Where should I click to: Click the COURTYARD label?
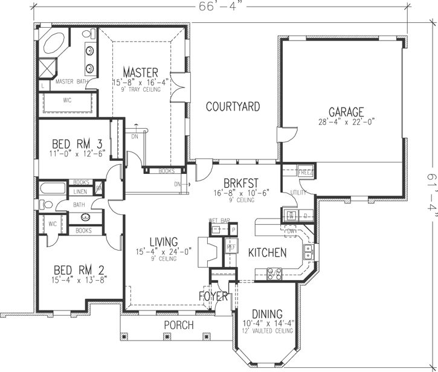[x=233, y=107]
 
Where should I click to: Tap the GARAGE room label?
[x=346, y=112]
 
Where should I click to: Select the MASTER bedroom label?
[x=140, y=72]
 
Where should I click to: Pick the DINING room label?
[x=266, y=313]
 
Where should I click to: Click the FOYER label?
[x=213, y=297]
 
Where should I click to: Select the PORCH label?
[x=178, y=325]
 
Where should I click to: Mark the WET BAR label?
[x=217, y=221]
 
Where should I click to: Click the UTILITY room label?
[x=298, y=191]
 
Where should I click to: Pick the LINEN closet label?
[x=80, y=191]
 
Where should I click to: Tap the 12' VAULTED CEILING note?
[x=266, y=331]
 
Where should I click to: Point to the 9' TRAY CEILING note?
[x=140, y=89]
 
